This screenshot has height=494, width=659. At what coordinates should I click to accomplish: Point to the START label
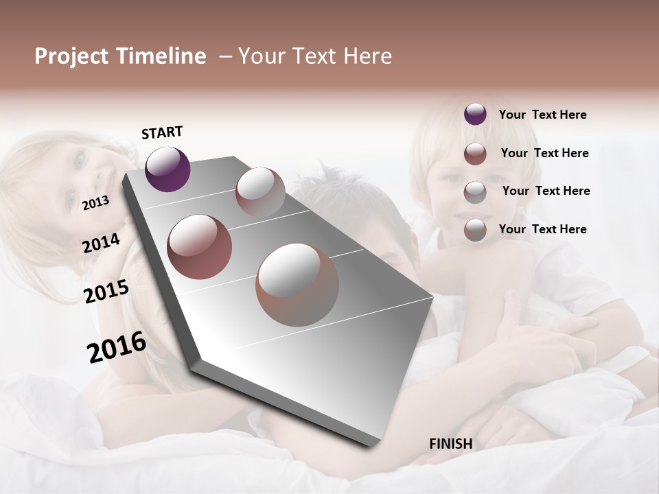(x=162, y=132)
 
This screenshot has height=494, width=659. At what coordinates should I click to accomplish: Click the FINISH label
(x=451, y=444)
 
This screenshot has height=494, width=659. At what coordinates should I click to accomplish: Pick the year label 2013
(x=95, y=202)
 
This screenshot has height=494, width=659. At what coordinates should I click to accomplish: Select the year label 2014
(x=101, y=244)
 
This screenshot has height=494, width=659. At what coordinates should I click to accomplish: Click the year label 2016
(x=117, y=347)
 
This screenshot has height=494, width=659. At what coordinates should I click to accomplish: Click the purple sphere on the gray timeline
(x=167, y=169)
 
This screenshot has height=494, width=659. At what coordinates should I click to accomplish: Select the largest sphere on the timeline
(x=297, y=285)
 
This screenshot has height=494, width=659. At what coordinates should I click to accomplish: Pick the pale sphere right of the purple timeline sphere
(x=260, y=191)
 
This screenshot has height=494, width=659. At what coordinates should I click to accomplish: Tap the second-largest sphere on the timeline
(x=200, y=247)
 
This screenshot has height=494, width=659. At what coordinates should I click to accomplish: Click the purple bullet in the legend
(x=475, y=115)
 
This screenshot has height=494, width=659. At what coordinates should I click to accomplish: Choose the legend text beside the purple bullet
(x=542, y=115)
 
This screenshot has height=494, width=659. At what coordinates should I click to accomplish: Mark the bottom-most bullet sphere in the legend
(x=475, y=230)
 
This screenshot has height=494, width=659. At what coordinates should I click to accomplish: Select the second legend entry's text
(x=544, y=153)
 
